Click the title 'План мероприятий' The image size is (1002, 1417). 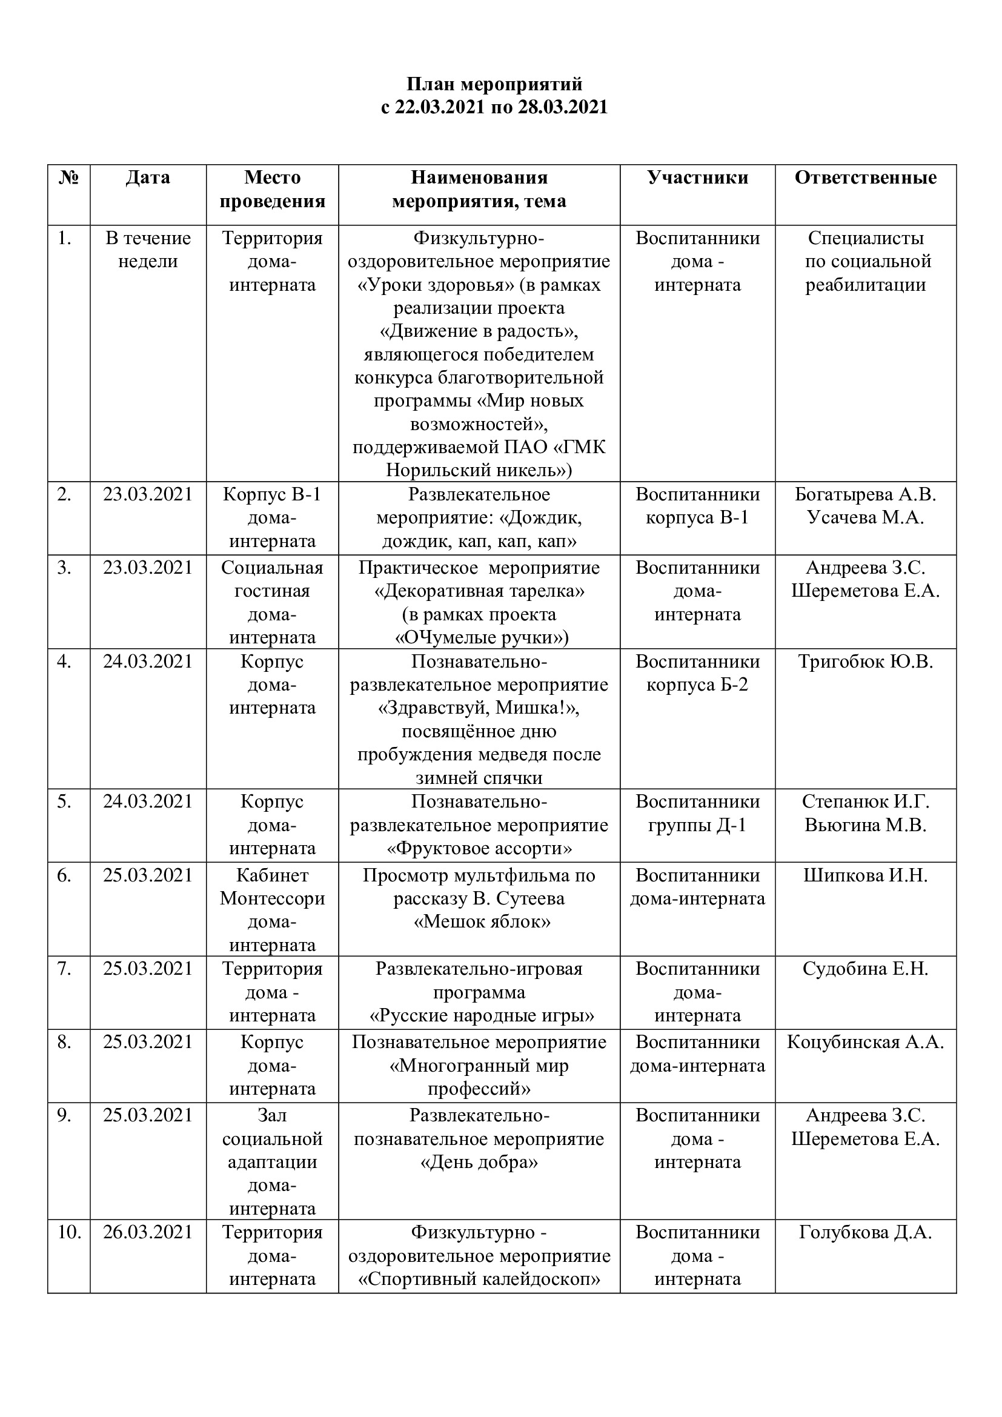[x=494, y=84]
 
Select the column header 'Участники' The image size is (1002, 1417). [x=697, y=178]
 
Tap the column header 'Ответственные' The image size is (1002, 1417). [x=865, y=178]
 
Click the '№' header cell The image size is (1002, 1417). [x=68, y=178]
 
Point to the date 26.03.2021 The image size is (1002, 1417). [x=148, y=1232]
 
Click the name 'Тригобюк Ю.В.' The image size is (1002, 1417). [x=865, y=662]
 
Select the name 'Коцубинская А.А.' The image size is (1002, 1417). [x=865, y=1043]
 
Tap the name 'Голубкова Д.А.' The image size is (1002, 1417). [x=865, y=1232]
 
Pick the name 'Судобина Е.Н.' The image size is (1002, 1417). [x=865, y=969]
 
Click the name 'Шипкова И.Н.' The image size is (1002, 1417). [x=865, y=875]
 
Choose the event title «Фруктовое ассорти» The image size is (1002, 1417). [x=479, y=849]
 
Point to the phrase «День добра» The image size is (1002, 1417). [x=479, y=1162]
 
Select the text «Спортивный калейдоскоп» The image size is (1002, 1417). [x=479, y=1279]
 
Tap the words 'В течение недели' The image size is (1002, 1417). [x=148, y=250]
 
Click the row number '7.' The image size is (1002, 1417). [x=64, y=969]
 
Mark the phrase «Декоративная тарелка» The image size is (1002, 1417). [x=479, y=591]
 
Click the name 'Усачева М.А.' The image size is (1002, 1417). [x=865, y=518]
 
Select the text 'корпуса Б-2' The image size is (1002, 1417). [x=697, y=685]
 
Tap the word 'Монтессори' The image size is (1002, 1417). [x=272, y=898]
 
